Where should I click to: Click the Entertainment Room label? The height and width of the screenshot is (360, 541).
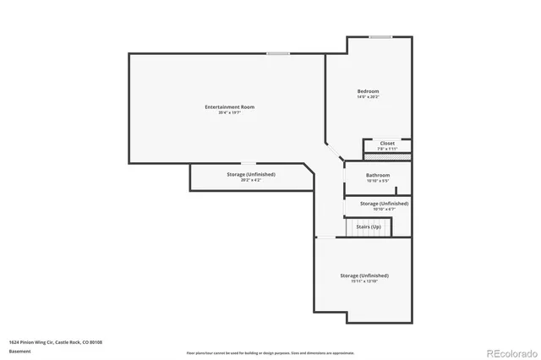coord(229,106)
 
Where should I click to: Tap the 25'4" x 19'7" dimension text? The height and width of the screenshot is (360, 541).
coord(229,112)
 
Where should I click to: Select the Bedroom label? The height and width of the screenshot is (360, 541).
coord(368,90)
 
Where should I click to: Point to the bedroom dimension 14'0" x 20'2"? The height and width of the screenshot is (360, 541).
coord(368,96)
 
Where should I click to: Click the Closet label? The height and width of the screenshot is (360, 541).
coord(387,143)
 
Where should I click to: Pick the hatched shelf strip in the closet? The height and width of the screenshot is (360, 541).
coord(387,157)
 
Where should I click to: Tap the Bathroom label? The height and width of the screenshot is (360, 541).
coord(378,175)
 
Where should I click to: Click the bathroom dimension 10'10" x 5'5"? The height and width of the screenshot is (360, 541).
coord(378,181)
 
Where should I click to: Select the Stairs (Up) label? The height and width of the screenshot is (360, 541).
coord(368,226)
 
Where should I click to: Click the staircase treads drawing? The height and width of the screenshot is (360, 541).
coord(368,228)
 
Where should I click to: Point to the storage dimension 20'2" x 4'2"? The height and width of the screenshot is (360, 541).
coord(251,180)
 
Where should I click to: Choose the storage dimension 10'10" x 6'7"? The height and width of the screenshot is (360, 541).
coord(384,209)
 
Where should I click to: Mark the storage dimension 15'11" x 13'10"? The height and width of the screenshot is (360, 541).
coord(364,281)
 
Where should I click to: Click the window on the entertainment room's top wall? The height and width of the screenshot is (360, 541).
coord(278,54)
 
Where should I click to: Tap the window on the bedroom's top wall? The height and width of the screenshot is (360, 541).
coord(380,36)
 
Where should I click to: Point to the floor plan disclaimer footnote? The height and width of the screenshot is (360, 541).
coord(270,352)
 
